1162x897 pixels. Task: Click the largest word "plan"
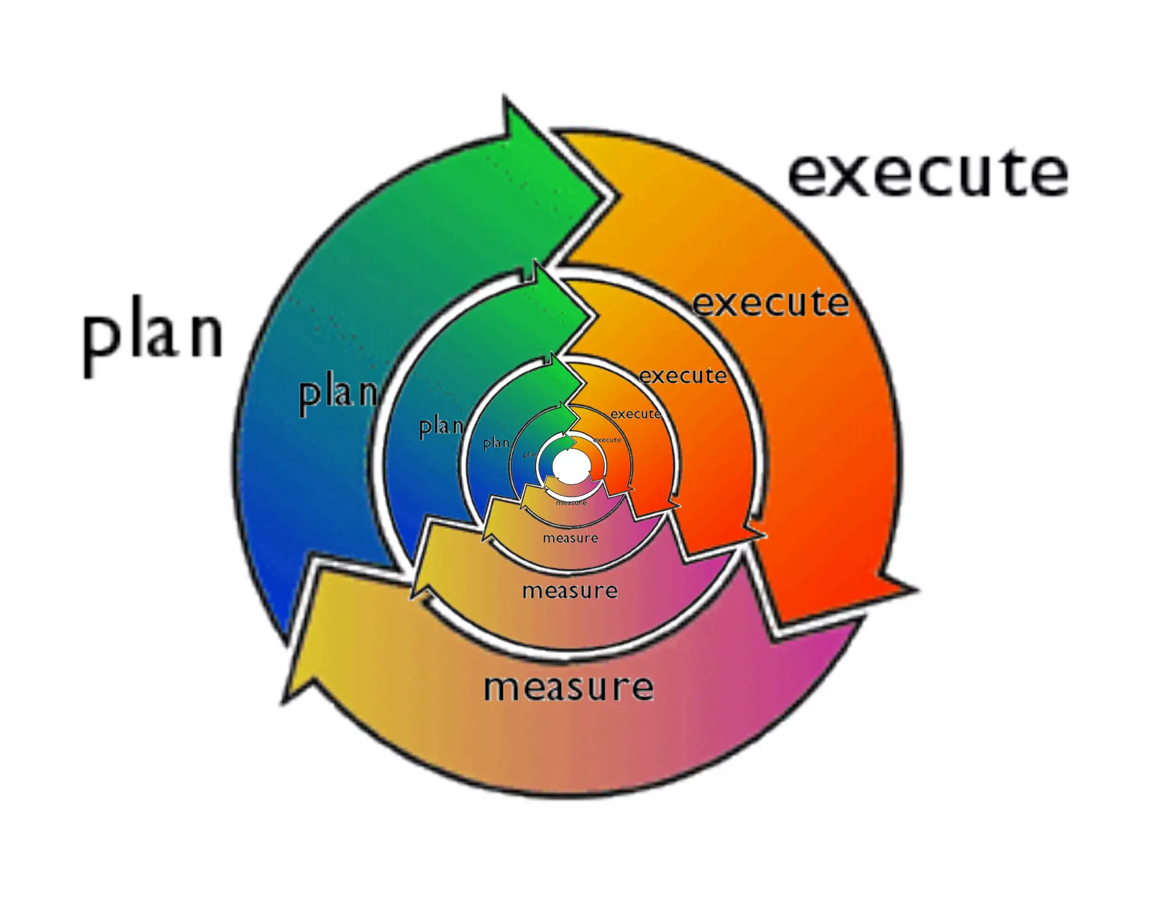[153, 335]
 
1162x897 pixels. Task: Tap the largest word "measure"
[568, 687]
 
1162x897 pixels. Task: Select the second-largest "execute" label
[771, 303]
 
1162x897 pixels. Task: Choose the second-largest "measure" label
[570, 591]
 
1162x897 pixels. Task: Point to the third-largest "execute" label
[683, 375]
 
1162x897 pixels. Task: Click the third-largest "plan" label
[441, 426]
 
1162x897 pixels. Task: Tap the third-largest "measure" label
[570, 538]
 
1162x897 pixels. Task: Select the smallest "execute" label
[607, 440]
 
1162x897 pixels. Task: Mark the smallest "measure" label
[571, 502]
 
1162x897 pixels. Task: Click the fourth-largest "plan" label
[496, 443]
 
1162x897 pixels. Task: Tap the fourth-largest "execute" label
[635, 414]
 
